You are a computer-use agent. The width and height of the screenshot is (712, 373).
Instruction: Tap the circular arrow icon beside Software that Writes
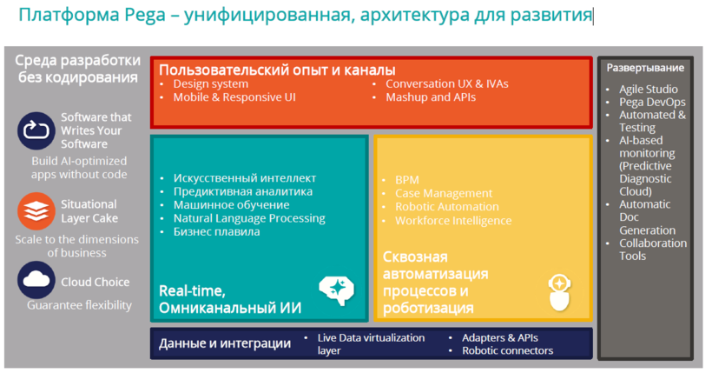click(36, 130)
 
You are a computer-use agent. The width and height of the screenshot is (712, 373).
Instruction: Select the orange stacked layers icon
click(36, 211)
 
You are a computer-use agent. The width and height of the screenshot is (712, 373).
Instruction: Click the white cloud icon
click(36, 280)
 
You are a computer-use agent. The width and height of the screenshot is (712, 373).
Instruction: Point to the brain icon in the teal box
click(337, 290)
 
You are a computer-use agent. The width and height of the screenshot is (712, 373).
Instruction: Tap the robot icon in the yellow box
click(559, 292)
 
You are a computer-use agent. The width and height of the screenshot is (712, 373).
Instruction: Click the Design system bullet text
click(211, 83)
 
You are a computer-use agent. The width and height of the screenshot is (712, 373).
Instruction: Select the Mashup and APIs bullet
click(431, 97)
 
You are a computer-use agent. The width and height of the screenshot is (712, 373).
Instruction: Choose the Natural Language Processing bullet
click(249, 218)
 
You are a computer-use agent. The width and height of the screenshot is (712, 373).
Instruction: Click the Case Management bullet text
click(444, 193)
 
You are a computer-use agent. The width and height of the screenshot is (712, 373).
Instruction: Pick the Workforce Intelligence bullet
click(453, 221)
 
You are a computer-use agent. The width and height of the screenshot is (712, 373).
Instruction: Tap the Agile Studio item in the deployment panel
click(649, 90)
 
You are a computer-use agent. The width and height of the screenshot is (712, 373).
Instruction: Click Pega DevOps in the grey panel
click(652, 102)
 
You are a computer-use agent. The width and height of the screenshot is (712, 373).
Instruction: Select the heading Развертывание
click(645, 68)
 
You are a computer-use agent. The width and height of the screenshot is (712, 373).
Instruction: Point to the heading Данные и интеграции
click(225, 343)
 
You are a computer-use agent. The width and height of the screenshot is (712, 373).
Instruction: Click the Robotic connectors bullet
click(508, 350)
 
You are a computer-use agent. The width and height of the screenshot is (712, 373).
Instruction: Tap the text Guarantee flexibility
click(80, 305)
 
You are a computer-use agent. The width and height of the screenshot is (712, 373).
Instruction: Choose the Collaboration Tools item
click(653, 250)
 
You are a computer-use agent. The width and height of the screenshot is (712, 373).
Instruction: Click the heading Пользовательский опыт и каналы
click(277, 70)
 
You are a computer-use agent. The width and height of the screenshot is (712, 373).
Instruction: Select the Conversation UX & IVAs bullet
click(447, 83)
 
